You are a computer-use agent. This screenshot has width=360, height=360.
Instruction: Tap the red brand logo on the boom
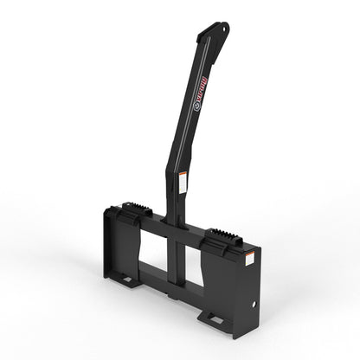tap(198, 87)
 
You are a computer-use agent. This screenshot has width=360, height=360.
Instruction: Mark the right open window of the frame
tap(195, 264)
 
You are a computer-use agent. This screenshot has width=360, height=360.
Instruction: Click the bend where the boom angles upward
tap(174, 160)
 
